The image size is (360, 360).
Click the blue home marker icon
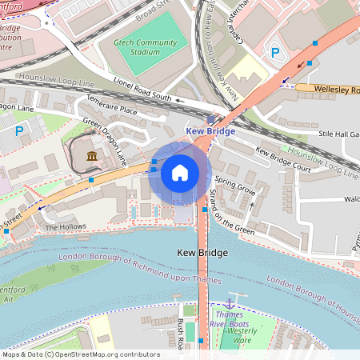(x=180, y=172)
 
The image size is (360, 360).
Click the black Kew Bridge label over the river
(x=202, y=253)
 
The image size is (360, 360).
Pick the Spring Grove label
(x=235, y=193)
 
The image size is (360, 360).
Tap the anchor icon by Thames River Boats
(x=230, y=303)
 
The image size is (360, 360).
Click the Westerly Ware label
(x=242, y=334)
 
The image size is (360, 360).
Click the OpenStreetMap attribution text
(x=80, y=354)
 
